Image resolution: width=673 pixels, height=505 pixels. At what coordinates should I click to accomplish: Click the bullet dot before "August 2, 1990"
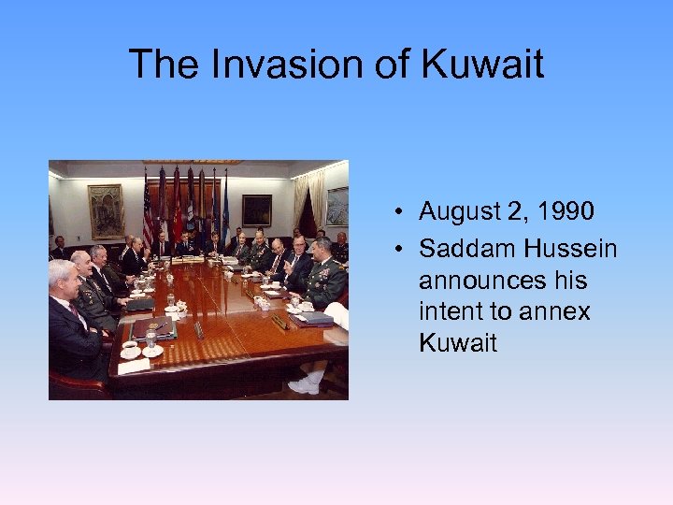pyautogui.click(x=399, y=213)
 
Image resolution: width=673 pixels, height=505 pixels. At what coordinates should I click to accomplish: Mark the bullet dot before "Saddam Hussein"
pyautogui.click(x=399, y=250)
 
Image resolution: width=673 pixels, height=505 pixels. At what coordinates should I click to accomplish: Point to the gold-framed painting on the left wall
pyautogui.click(x=106, y=210)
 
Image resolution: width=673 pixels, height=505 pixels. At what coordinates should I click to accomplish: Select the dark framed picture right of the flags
pyautogui.click(x=257, y=209)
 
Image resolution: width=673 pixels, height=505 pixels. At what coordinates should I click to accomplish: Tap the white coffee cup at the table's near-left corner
pyautogui.click(x=131, y=350)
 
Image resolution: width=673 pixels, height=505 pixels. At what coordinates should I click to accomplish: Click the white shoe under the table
pyautogui.click(x=305, y=384)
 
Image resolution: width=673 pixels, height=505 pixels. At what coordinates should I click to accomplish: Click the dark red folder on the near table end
pyautogui.click(x=152, y=328)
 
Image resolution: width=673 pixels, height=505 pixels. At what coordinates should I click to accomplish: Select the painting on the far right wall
pyautogui.click(x=336, y=207)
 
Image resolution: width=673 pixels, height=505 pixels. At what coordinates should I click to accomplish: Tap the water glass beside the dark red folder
pyautogui.click(x=150, y=339)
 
